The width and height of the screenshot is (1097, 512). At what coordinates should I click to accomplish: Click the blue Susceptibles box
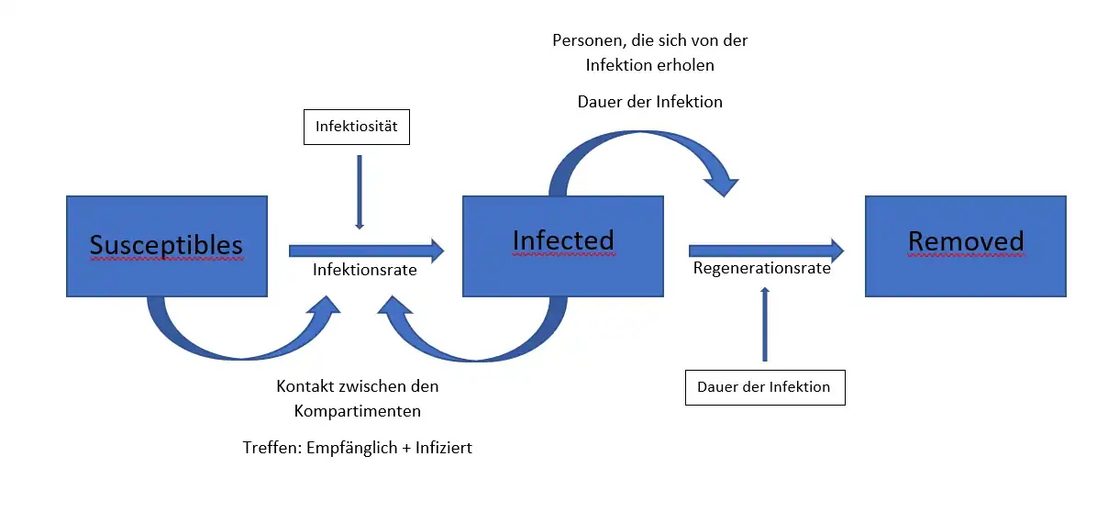point(166,245)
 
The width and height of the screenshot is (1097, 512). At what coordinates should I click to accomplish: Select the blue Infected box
point(562,245)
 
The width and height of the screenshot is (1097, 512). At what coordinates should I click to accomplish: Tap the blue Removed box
point(965,245)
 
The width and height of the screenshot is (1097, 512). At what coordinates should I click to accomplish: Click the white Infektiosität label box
point(357,127)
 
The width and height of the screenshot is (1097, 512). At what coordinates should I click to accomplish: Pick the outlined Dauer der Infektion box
point(764,386)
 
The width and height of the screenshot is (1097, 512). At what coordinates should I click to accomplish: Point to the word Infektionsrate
point(364,270)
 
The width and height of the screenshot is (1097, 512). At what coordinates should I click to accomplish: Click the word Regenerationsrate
point(761,269)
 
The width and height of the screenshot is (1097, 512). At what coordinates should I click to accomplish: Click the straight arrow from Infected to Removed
point(765,250)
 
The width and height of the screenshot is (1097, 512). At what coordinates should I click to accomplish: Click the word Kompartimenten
point(357,410)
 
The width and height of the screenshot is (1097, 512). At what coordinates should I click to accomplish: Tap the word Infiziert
point(444,449)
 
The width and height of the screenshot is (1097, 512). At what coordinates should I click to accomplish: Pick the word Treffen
point(270,449)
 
